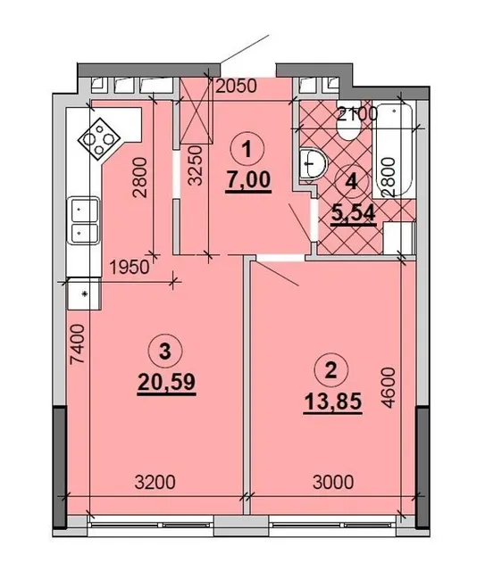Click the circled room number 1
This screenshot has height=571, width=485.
coord(247,149)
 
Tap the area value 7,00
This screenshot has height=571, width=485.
coord(248,180)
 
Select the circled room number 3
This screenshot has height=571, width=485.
coord(165,352)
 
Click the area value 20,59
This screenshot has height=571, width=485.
coord(167,383)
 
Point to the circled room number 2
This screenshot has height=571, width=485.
coord(331,371)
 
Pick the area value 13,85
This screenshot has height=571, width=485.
coord(333,402)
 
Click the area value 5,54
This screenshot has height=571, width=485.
coord(353,213)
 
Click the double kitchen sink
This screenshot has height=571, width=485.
coord(83,220)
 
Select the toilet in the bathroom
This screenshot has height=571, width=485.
coord(349,127)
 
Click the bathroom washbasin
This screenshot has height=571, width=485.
coord(313,163)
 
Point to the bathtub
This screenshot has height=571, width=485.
coord(394,151)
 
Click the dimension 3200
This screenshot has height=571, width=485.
coord(155,483)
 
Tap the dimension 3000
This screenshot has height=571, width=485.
coord(333,483)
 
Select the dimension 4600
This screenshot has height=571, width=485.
coord(389,387)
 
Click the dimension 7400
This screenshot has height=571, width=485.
coord(79,344)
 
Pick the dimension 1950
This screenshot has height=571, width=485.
coord(130,268)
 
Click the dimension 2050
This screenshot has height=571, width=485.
coord(237,86)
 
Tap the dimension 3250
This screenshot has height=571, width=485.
coord(197,166)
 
